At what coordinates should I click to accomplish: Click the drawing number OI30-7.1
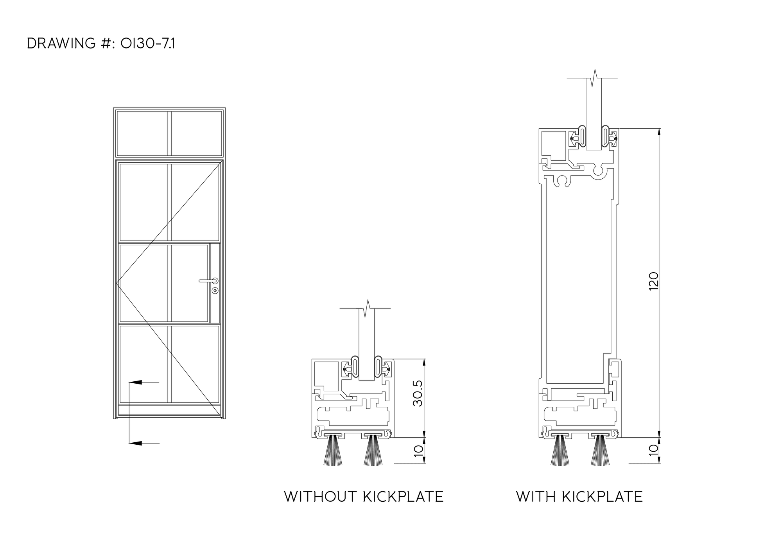[x=148, y=43]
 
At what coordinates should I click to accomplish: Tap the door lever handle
[x=209, y=280]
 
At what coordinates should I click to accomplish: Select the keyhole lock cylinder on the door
[x=215, y=291]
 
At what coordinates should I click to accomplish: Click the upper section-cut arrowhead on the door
[x=135, y=382]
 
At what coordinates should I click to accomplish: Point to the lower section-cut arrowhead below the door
[x=135, y=443]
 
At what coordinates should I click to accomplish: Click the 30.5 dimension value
[x=418, y=393]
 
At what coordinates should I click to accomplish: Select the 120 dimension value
[x=653, y=281]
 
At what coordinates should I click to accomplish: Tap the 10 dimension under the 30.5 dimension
[x=418, y=449]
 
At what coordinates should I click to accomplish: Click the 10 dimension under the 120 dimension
[x=653, y=449]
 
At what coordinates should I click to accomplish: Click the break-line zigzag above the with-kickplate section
[x=595, y=78]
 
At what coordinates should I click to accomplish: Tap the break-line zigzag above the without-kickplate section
[x=367, y=309]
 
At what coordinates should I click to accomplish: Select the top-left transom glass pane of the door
[x=142, y=133]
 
